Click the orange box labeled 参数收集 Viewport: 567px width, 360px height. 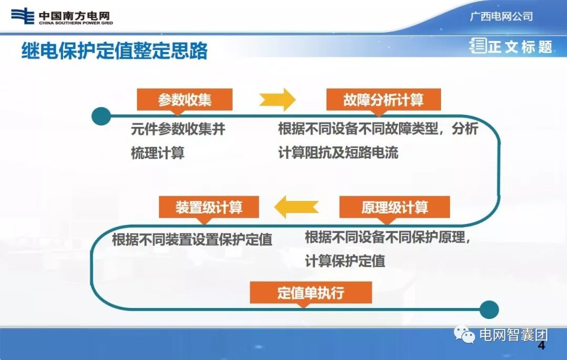coord(177,99)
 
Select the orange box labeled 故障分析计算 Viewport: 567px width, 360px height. coord(383,99)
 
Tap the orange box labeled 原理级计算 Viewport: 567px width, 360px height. coord(394,207)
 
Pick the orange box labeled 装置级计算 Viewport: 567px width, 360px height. coord(209,207)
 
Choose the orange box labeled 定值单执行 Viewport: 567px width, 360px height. coord(311,292)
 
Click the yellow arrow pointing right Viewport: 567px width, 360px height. coord(277,99)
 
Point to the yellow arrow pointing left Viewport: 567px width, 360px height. coord(297,207)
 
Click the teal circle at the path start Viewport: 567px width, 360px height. coord(101,116)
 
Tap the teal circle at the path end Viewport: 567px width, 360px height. coord(489,309)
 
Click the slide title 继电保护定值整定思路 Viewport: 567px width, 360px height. coord(114,51)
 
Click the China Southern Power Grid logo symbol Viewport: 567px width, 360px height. coord(23,16)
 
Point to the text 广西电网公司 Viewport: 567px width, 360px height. coord(501,16)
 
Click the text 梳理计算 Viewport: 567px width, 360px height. coord(157,153)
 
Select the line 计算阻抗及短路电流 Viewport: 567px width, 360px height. coord(338,153)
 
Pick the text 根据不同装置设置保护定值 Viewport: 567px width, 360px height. coord(192,239)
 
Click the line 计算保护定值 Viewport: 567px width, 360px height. coord(345,261)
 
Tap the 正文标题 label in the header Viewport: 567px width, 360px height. coord(520,47)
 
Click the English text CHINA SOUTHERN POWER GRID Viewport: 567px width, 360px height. coord(76,23)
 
